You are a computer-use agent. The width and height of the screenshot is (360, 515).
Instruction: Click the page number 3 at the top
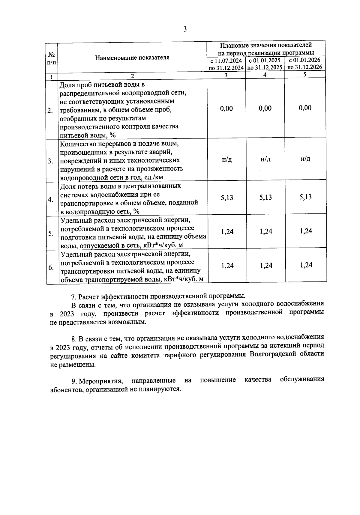point(185,29)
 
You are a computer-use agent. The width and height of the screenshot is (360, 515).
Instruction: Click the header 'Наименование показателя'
point(132,58)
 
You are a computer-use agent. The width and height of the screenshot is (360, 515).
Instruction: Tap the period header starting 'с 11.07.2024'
point(226,64)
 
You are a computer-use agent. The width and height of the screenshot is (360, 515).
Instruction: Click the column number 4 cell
point(265,75)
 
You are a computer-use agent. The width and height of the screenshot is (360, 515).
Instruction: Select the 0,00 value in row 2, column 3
point(226,109)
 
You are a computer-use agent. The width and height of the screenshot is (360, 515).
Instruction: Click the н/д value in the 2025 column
point(265,159)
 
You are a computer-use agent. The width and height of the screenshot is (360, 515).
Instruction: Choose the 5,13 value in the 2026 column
point(305,197)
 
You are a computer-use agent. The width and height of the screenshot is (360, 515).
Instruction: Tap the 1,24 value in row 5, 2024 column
point(227,231)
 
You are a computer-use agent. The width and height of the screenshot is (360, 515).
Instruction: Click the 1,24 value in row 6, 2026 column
point(306,265)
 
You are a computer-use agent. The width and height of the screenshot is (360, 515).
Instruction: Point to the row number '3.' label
point(50,161)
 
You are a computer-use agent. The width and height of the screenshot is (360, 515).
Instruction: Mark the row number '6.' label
point(51,267)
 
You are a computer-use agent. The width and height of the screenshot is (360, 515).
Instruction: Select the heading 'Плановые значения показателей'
point(266,45)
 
